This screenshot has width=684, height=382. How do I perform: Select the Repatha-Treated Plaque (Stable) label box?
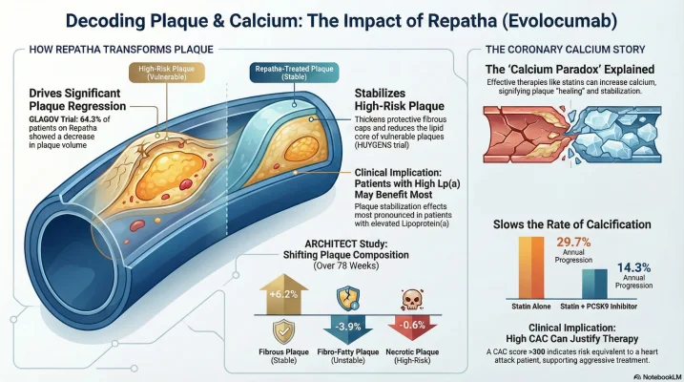coord(293,73)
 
